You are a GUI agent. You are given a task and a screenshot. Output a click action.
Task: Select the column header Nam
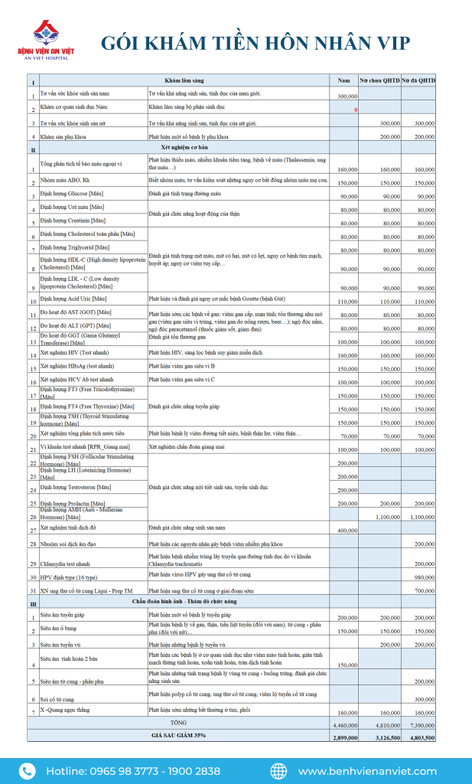pyautogui.click(x=344, y=80)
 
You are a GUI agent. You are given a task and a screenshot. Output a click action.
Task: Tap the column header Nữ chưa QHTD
pyautogui.click(x=380, y=80)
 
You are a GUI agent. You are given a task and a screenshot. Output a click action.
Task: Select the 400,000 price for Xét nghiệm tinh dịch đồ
pyautogui.click(x=347, y=530)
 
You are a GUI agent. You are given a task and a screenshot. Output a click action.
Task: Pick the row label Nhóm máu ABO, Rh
pyautogui.click(x=64, y=181)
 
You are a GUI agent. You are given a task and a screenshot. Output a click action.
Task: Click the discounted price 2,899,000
pyautogui.click(x=346, y=737)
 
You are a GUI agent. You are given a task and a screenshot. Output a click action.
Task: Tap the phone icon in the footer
pyautogui.click(x=27, y=771)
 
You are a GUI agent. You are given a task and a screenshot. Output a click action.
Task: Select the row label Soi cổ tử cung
pyautogui.click(x=58, y=699)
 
